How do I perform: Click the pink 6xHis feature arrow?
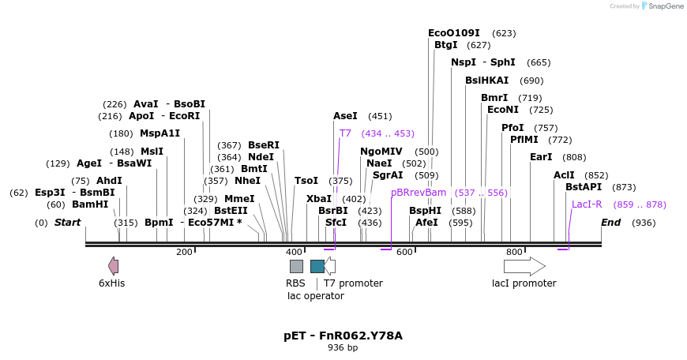point(113,266)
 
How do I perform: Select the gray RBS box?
point(296,266)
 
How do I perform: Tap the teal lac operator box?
point(317,266)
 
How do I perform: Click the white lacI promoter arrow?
point(524,266)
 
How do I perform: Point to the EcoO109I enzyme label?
point(454,33)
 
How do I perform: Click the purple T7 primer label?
point(345,133)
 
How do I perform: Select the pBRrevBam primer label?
point(419,192)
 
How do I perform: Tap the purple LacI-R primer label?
point(587,204)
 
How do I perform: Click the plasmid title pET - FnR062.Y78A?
point(343,336)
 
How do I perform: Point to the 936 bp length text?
point(343,347)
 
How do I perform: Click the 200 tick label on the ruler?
point(184,252)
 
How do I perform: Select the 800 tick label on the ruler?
point(514,252)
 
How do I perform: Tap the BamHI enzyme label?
point(90,204)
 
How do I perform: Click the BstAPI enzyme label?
point(584,187)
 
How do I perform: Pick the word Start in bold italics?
point(67,223)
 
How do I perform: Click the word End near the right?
point(610,223)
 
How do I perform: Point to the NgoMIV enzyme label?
point(381,152)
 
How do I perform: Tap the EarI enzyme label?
point(541,157)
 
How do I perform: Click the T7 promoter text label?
point(353,283)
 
